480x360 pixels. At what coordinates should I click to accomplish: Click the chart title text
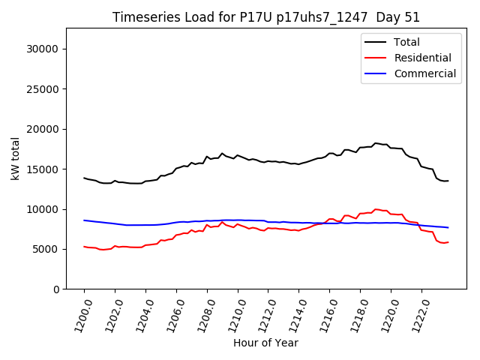[266, 17]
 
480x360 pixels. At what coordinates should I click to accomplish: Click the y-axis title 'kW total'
[16, 158]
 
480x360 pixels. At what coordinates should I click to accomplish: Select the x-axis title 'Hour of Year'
[265, 343]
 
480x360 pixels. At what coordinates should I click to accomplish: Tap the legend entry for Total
[407, 42]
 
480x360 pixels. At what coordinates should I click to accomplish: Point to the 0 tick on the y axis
[56, 289]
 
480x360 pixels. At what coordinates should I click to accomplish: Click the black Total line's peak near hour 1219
[376, 142]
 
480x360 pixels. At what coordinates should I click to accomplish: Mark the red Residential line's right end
[448, 242]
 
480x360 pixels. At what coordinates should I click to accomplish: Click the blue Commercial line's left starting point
[84, 220]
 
